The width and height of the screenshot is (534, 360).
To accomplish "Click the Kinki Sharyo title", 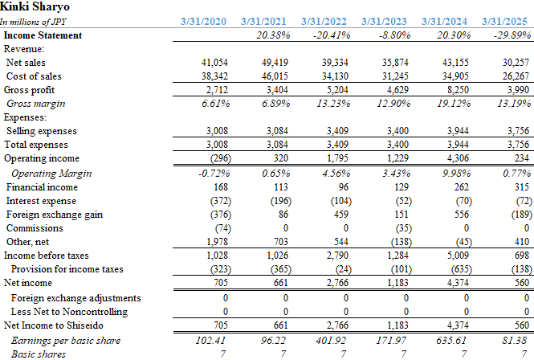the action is point(35,6).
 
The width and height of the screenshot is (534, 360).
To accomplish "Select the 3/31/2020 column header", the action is point(203,22).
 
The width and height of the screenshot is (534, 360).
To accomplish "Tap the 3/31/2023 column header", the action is point(384,22).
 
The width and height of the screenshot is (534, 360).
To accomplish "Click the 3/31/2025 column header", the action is point(504,22).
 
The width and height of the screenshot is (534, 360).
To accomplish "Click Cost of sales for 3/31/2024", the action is point(455,76).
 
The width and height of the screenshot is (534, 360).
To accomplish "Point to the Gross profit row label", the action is point(29,90).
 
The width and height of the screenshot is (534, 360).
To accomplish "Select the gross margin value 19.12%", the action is point(454,104).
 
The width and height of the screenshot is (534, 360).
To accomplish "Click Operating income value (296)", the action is point(220,158).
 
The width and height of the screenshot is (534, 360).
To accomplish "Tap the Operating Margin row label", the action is point(51,174).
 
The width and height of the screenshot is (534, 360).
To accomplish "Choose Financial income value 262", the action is point(462,187).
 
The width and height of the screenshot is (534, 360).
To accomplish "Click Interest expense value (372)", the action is point(220,201).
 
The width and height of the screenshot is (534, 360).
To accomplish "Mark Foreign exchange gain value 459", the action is point(341,215).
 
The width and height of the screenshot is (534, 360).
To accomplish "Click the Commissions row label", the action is point(35,228).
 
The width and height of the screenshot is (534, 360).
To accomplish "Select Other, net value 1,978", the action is point(217,242).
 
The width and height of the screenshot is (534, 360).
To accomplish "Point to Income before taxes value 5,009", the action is point(458,256).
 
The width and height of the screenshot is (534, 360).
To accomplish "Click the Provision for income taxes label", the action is point(67,269).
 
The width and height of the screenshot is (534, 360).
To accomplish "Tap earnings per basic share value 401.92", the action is point(331,341).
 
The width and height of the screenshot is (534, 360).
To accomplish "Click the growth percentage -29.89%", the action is point(512,35).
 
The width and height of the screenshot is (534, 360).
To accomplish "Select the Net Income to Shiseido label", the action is point(54,325).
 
